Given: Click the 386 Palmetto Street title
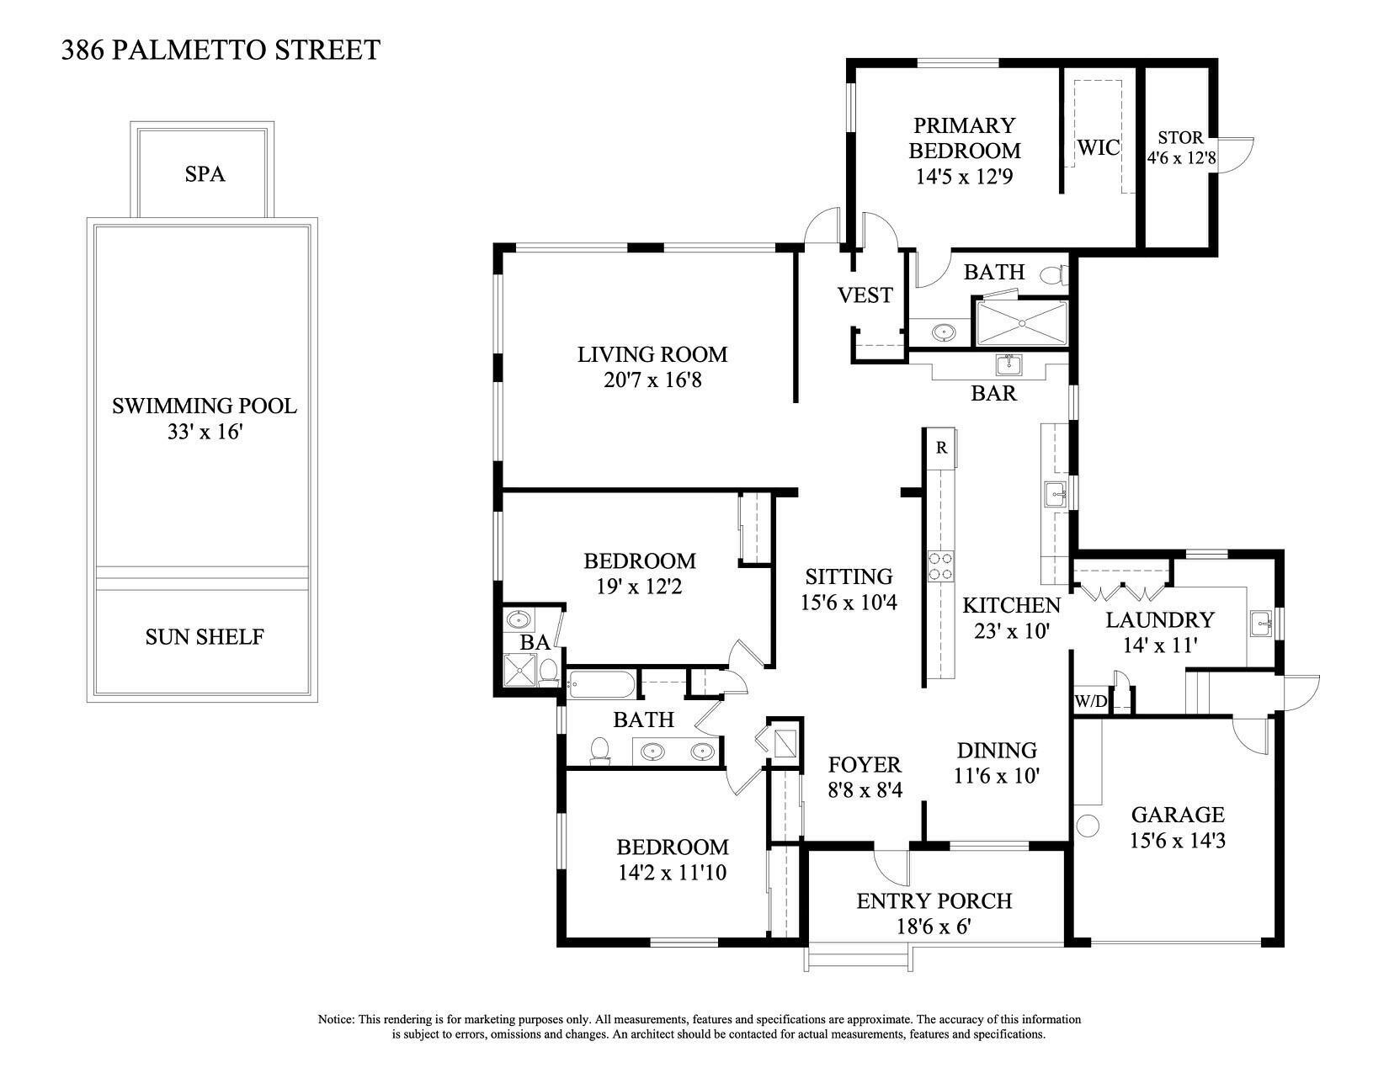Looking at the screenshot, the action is click(221, 50).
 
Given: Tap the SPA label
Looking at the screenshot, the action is click(205, 174).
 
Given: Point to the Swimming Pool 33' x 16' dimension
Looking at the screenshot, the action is click(205, 432).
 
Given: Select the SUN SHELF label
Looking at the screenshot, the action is click(205, 636).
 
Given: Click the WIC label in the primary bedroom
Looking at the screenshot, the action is click(1099, 147).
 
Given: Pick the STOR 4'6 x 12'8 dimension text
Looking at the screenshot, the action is click(1180, 157).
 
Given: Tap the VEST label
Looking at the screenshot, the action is click(865, 295).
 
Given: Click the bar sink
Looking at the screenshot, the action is click(1008, 365).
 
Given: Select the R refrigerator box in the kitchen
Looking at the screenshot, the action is click(941, 448).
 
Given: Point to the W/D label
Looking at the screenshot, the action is click(1090, 702).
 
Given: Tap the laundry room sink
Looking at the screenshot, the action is click(1260, 620).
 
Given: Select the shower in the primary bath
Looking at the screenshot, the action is click(1019, 323).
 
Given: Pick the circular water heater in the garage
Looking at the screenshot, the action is click(1087, 825).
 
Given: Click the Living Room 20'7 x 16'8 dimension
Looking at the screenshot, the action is click(652, 380).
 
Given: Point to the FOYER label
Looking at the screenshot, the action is click(865, 765).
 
